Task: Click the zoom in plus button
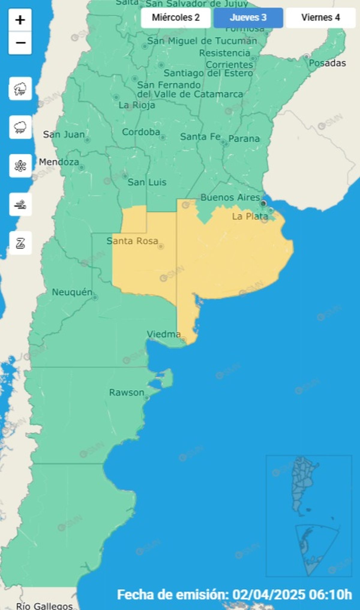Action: point(20,20)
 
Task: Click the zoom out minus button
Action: point(20,43)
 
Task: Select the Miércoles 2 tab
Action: point(175,18)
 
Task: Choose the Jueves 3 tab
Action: point(248,18)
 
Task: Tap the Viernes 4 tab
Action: point(320,18)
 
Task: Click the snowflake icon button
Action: point(20,166)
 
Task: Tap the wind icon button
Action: point(20,205)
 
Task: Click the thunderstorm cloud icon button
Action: point(20,88)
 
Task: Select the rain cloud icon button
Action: point(20,127)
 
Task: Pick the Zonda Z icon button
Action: point(20,243)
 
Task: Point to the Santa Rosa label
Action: point(132,241)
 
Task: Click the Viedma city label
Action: point(164,334)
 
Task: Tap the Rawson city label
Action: point(127,392)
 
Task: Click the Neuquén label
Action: point(72,292)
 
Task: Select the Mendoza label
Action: point(59,162)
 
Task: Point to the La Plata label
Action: point(250,216)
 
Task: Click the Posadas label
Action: point(327,63)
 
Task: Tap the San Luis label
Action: point(147,182)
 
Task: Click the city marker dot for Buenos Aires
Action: point(263,203)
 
